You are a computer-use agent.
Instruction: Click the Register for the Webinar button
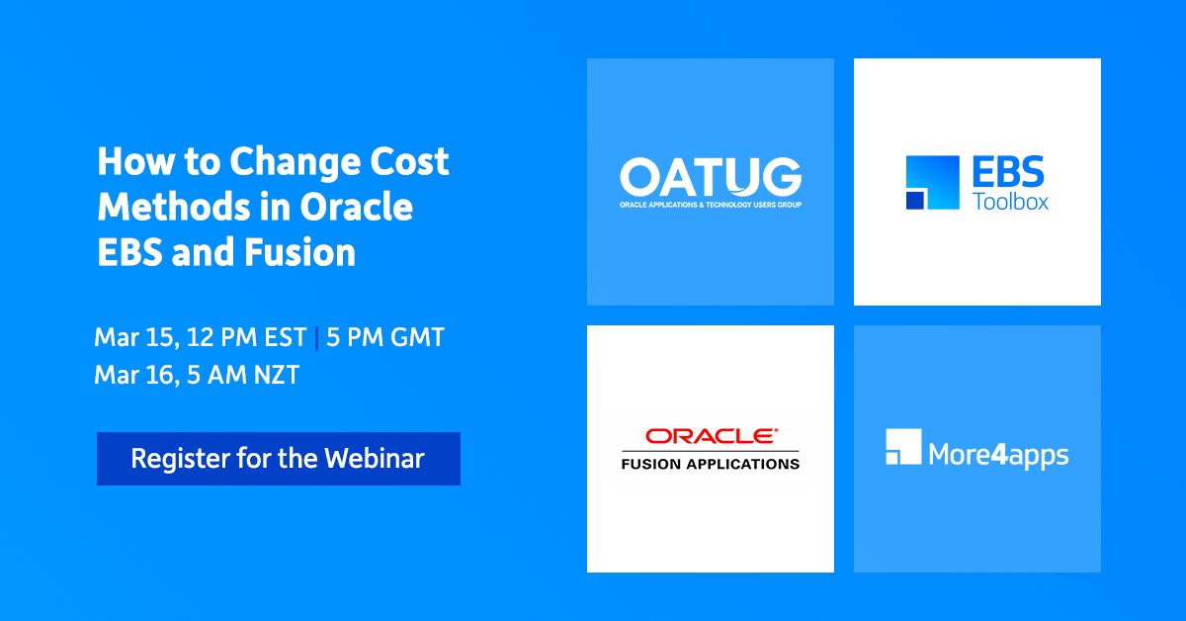coord(278,459)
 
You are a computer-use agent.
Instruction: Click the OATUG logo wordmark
coord(711,178)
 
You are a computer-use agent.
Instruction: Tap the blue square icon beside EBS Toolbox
coord(931,183)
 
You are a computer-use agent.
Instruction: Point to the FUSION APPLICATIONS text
coord(710,462)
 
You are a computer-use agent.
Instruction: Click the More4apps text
coord(998,455)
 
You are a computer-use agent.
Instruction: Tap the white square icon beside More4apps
coord(903,448)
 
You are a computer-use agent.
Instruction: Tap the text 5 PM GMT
coord(384,338)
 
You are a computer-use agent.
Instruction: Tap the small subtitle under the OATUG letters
coord(711,204)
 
